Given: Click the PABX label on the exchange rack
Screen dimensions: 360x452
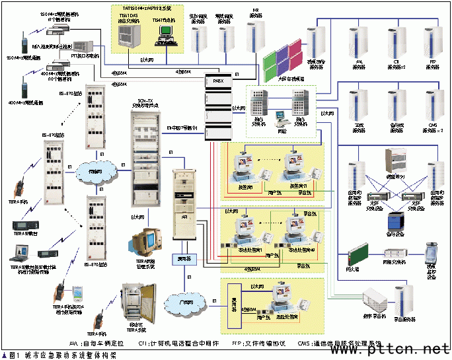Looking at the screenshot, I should (x=215, y=80).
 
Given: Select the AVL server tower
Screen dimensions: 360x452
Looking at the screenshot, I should (x=359, y=40).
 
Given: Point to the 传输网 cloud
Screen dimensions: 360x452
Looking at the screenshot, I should (x=93, y=172).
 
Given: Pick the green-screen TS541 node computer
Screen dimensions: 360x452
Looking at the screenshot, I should (x=167, y=34).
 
